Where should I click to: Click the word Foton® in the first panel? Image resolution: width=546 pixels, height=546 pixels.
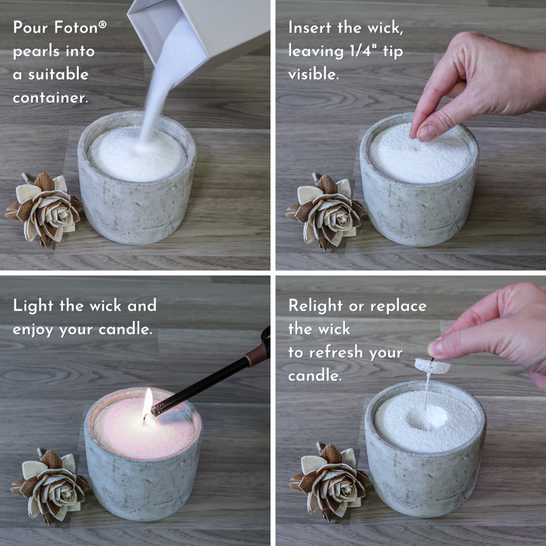click(x=80, y=28)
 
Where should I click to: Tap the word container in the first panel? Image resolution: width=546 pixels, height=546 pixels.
click(x=50, y=97)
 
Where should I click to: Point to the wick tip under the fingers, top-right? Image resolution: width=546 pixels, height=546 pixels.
click(x=417, y=145)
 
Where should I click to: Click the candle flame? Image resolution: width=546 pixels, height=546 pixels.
click(x=147, y=401)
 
